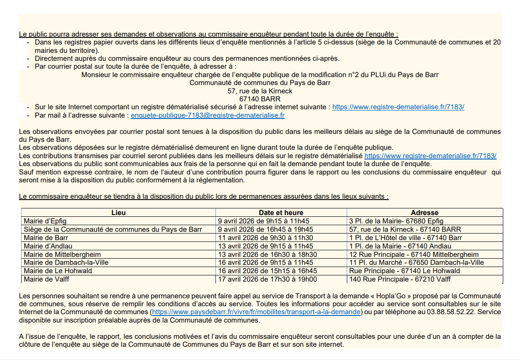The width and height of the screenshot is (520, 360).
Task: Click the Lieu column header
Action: [x=119, y=212]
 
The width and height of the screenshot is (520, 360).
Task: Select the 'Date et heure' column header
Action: [x=281, y=212]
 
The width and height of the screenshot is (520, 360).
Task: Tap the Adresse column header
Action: [x=424, y=212]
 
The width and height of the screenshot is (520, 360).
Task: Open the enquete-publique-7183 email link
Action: [x=208, y=115]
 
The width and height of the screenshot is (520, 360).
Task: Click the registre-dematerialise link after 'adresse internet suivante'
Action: [x=398, y=107]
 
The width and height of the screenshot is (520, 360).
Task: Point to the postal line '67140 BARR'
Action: [x=260, y=99]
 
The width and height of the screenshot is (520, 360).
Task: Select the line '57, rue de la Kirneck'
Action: [x=260, y=91]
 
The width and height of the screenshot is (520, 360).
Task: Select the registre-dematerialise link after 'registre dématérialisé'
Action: [x=430, y=156]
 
